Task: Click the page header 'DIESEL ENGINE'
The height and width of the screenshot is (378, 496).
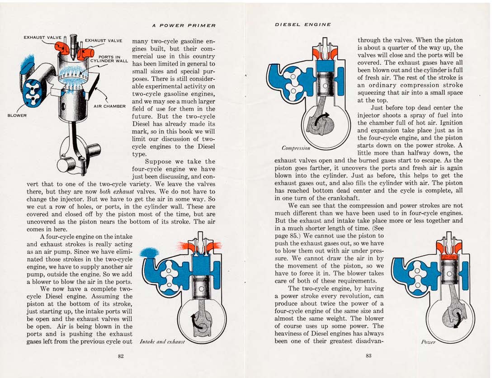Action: (x=302, y=24)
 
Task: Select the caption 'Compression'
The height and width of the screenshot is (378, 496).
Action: (x=296, y=148)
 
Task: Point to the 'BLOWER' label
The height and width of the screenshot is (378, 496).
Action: (x=17, y=115)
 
